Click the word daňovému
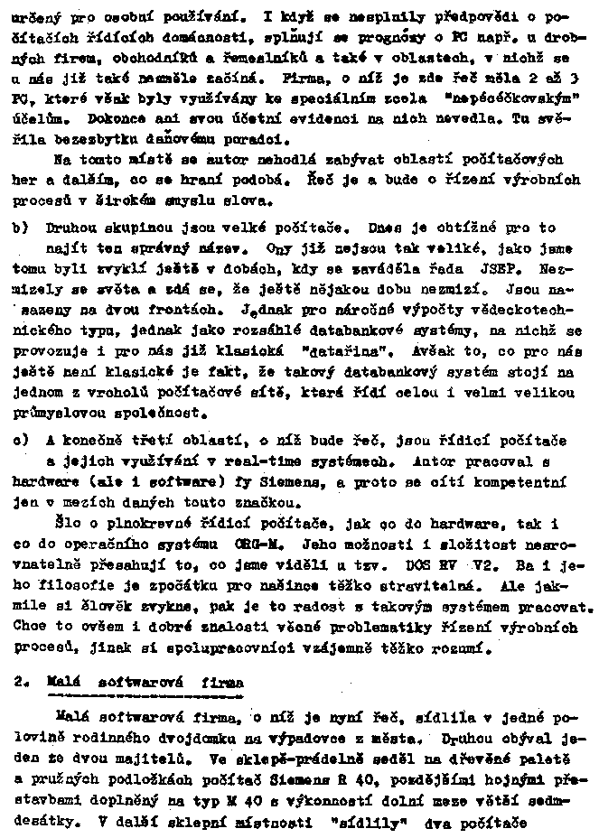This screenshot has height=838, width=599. click(x=198, y=140)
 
